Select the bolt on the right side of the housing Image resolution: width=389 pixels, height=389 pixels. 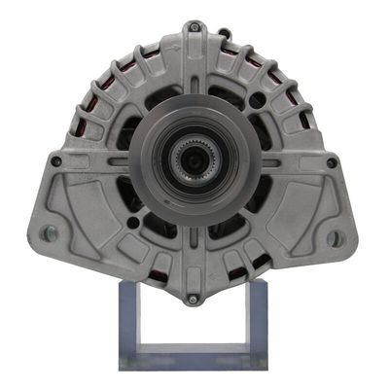[x=331, y=162]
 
